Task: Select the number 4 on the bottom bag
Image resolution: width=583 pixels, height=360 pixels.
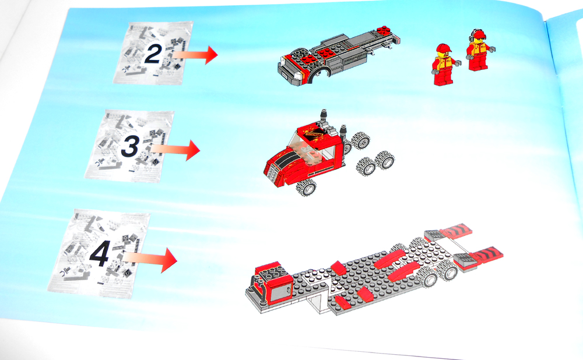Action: [100, 254]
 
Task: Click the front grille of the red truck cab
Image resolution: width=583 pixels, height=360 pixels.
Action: [272, 170]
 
